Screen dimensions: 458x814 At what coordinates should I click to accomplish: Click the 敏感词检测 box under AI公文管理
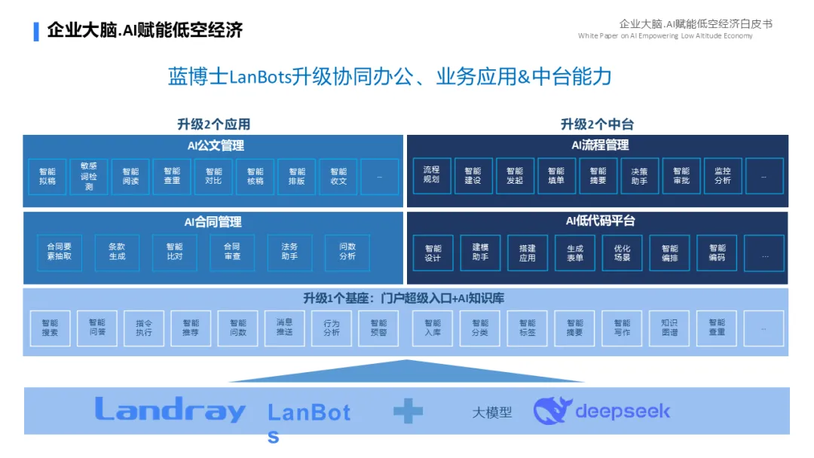(89, 176)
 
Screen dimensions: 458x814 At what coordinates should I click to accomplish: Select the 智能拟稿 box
(47, 176)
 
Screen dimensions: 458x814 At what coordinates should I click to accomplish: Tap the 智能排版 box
(297, 176)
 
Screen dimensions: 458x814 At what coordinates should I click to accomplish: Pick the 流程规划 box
(431, 176)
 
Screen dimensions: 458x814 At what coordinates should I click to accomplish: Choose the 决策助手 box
(639, 176)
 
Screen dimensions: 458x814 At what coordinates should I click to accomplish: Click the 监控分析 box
(722, 176)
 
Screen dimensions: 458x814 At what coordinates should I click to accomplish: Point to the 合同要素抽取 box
(60, 252)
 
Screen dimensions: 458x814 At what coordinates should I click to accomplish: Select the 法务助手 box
(289, 252)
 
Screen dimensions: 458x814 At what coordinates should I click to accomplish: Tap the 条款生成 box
(117, 252)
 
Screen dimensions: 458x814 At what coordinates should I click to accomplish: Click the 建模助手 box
(480, 252)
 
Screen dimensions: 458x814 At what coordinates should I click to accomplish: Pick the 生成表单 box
(575, 252)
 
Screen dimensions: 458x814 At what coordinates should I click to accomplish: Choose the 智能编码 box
(717, 252)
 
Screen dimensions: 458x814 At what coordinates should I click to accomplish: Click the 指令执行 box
(144, 328)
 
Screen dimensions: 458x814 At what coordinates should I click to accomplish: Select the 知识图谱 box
(669, 328)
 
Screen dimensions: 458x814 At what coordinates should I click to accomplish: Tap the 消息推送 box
(284, 328)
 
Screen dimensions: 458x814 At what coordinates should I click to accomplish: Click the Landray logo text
(170, 410)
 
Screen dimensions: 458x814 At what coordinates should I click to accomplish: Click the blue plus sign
(408, 411)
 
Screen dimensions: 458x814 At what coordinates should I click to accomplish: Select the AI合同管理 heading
(213, 222)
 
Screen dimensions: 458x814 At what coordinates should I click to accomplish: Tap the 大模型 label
(491, 413)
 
